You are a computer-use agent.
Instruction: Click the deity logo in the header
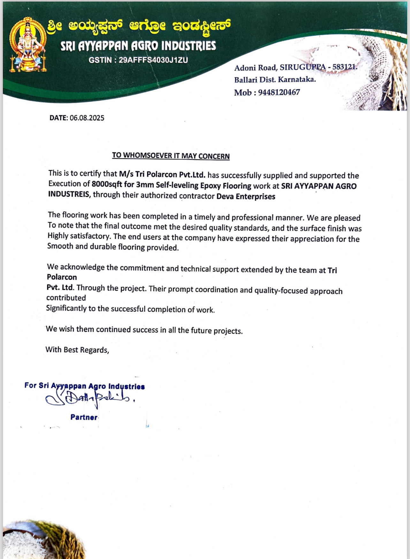(27, 44)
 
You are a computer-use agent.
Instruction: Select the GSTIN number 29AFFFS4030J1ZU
(153, 60)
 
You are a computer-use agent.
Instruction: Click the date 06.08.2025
(87, 118)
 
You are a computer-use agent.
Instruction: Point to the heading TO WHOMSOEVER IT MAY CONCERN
(171, 156)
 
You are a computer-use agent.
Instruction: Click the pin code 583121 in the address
(344, 67)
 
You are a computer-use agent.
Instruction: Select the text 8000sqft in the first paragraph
(107, 184)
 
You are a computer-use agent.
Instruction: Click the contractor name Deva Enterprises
(246, 196)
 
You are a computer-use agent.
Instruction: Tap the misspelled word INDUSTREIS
(69, 194)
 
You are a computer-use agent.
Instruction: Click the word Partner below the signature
(84, 417)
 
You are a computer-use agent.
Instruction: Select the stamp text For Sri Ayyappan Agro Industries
(84, 386)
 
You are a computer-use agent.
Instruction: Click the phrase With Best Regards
(77, 350)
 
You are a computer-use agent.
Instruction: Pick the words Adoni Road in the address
(255, 68)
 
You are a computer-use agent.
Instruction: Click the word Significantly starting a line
(66, 308)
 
